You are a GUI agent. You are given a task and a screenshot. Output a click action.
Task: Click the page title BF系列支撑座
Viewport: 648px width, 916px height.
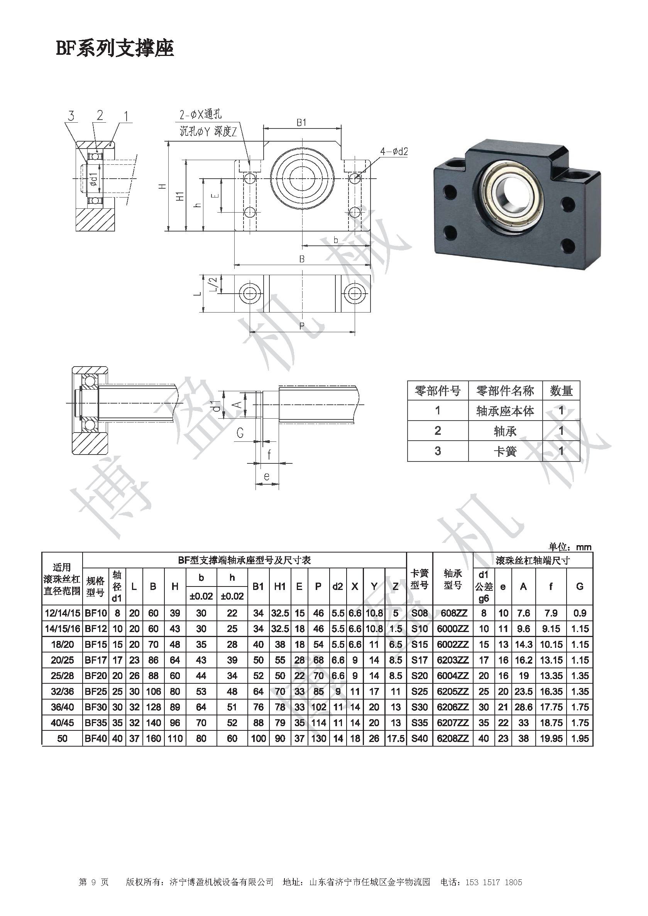coord(115,49)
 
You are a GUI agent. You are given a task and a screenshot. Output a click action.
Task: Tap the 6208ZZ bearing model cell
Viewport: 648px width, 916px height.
coord(452,739)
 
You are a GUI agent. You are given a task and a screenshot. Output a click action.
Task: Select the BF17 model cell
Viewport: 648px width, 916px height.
coord(96,660)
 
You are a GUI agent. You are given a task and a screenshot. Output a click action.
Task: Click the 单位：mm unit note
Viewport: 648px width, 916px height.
coord(570,547)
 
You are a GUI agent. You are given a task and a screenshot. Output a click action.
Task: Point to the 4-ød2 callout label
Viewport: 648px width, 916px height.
coord(394,152)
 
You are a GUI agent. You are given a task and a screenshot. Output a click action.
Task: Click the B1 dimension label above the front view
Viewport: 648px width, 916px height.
coord(301,122)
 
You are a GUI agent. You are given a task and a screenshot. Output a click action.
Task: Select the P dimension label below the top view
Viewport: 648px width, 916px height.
coord(302,326)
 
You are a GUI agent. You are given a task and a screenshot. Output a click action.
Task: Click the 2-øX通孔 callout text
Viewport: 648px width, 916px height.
coord(200,115)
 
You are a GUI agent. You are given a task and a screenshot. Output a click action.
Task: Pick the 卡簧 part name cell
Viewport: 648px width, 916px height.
coord(505,451)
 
